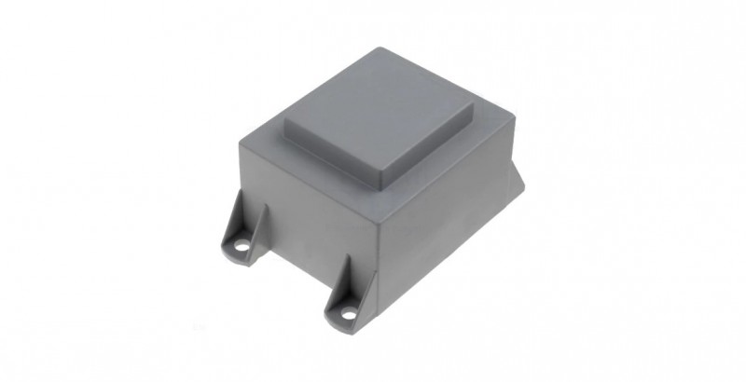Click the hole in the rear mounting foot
[242, 248]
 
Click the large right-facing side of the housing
[448, 233]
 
